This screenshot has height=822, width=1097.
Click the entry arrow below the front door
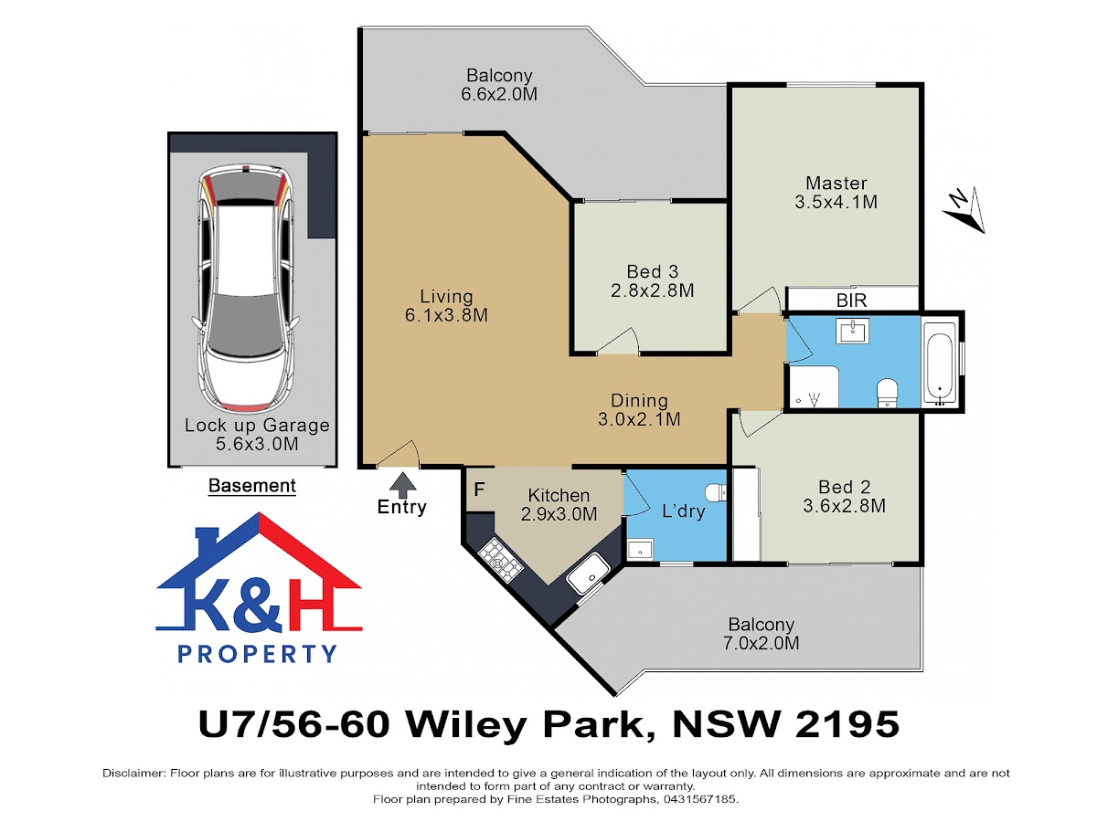tap(403, 484)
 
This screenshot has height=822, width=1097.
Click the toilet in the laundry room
tap(716, 492)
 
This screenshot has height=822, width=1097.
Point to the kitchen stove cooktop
tap(500, 560)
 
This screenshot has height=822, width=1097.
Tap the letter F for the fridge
tap(479, 490)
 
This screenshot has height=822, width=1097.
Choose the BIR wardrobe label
tap(851, 300)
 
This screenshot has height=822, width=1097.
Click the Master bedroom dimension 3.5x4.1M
tap(836, 202)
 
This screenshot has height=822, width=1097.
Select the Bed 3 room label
tap(652, 271)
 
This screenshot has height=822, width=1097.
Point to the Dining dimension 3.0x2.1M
tap(639, 419)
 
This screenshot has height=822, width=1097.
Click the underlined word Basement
tap(252, 486)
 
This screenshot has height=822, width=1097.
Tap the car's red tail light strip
tap(246, 406)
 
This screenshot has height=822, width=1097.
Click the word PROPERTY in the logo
tap(258, 654)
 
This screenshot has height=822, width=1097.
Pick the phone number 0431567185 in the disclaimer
tap(699, 799)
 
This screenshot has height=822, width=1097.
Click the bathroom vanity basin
tap(852, 331)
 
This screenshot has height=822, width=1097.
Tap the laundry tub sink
tap(640, 550)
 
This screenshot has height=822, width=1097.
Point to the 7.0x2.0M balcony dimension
tap(761, 643)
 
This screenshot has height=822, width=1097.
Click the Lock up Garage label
tap(257, 426)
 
